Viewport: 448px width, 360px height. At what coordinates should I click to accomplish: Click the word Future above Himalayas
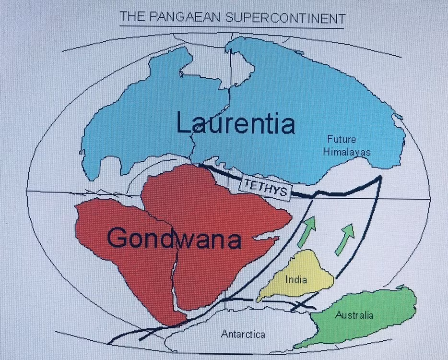(x=342, y=140)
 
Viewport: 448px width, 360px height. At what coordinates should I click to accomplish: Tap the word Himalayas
(x=347, y=152)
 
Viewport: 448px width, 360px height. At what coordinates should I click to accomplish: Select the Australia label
(x=354, y=315)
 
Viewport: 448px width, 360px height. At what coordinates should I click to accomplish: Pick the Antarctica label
(x=243, y=334)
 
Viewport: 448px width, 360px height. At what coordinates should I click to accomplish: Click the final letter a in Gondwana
(x=233, y=240)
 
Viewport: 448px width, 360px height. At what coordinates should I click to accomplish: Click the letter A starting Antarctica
(x=224, y=334)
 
